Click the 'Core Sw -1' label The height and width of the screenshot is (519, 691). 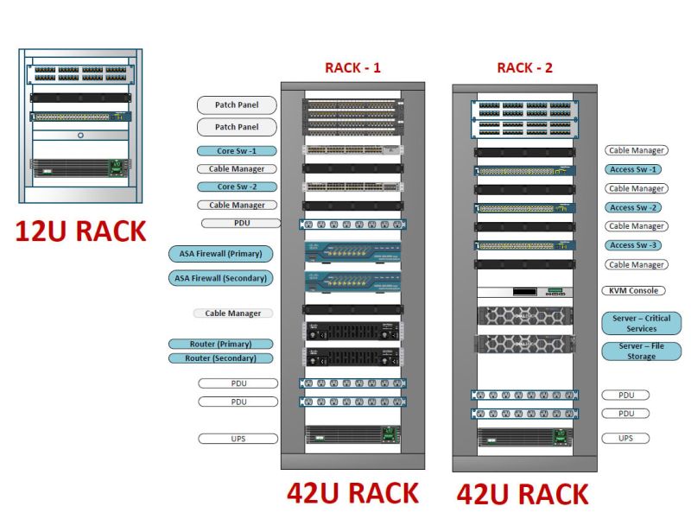(236, 150)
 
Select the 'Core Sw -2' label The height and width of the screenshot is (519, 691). (236, 187)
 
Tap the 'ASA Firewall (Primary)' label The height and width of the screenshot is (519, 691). (220, 254)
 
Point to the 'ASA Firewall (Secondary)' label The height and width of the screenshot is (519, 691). (220, 278)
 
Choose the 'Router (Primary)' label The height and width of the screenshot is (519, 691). (220, 344)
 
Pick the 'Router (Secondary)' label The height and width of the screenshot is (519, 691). (220, 358)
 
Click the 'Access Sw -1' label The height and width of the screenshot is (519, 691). (635, 170)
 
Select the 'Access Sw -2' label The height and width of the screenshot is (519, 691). (635, 207)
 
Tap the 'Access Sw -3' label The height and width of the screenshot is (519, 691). (635, 245)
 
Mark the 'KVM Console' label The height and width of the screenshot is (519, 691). (635, 291)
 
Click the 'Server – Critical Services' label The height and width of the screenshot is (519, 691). (642, 323)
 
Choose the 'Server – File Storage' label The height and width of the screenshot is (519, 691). (642, 351)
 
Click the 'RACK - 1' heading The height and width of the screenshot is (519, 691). (352, 67)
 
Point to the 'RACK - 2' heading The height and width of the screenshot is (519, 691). (524, 67)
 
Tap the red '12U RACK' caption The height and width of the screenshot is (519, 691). (79, 231)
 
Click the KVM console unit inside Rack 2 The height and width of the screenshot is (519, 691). (524, 291)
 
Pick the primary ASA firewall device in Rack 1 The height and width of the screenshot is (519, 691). (352, 254)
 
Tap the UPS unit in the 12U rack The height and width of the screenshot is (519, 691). (80, 167)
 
